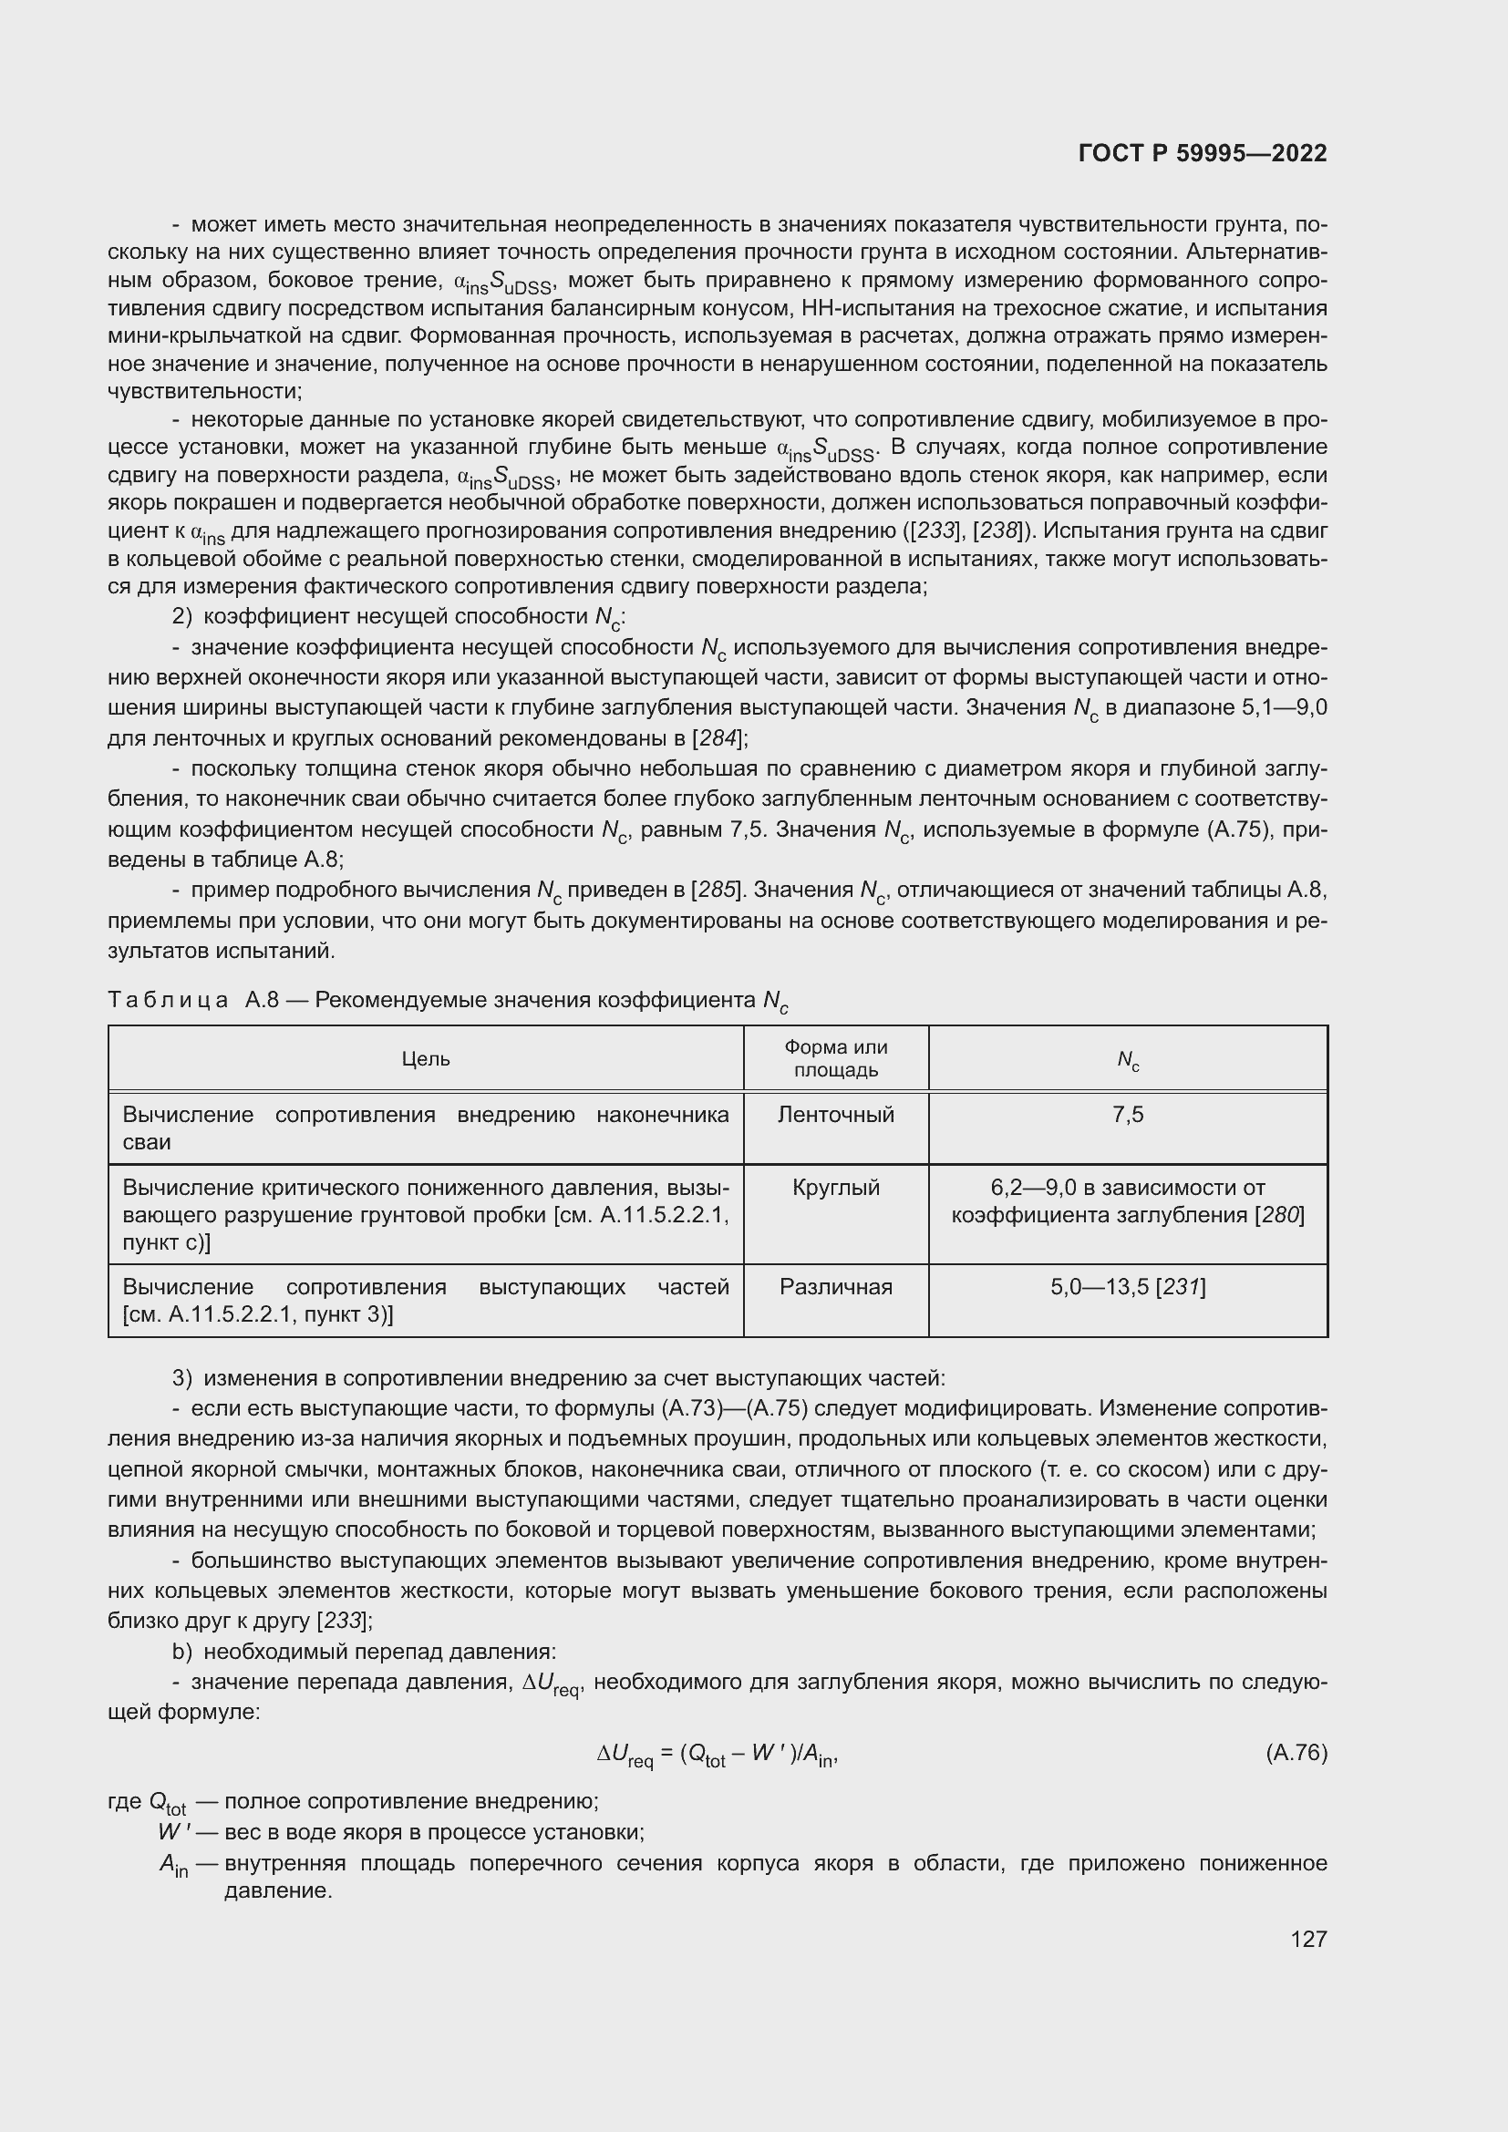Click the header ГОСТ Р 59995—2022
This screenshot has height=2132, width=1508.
[x=1203, y=153]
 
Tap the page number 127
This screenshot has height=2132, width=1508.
[x=1308, y=1938]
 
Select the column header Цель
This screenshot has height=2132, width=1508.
[x=425, y=1058]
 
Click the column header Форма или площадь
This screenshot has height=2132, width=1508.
[x=836, y=1058]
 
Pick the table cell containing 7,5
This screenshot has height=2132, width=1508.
[x=1127, y=1114]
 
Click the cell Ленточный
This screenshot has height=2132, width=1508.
[x=836, y=1114]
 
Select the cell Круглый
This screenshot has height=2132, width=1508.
[x=836, y=1188]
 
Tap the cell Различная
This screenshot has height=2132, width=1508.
[x=836, y=1287]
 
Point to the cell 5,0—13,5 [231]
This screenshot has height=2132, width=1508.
[x=1127, y=1287]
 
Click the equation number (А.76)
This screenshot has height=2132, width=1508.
[x=1296, y=1753]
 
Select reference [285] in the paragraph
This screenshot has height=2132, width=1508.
[x=718, y=890]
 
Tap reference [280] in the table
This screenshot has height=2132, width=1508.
[x=1279, y=1216]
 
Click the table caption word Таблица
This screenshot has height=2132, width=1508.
[x=168, y=1000]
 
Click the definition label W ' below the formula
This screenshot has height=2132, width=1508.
[x=173, y=1832]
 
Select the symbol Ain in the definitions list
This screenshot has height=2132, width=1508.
[x=173, y=1865]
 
